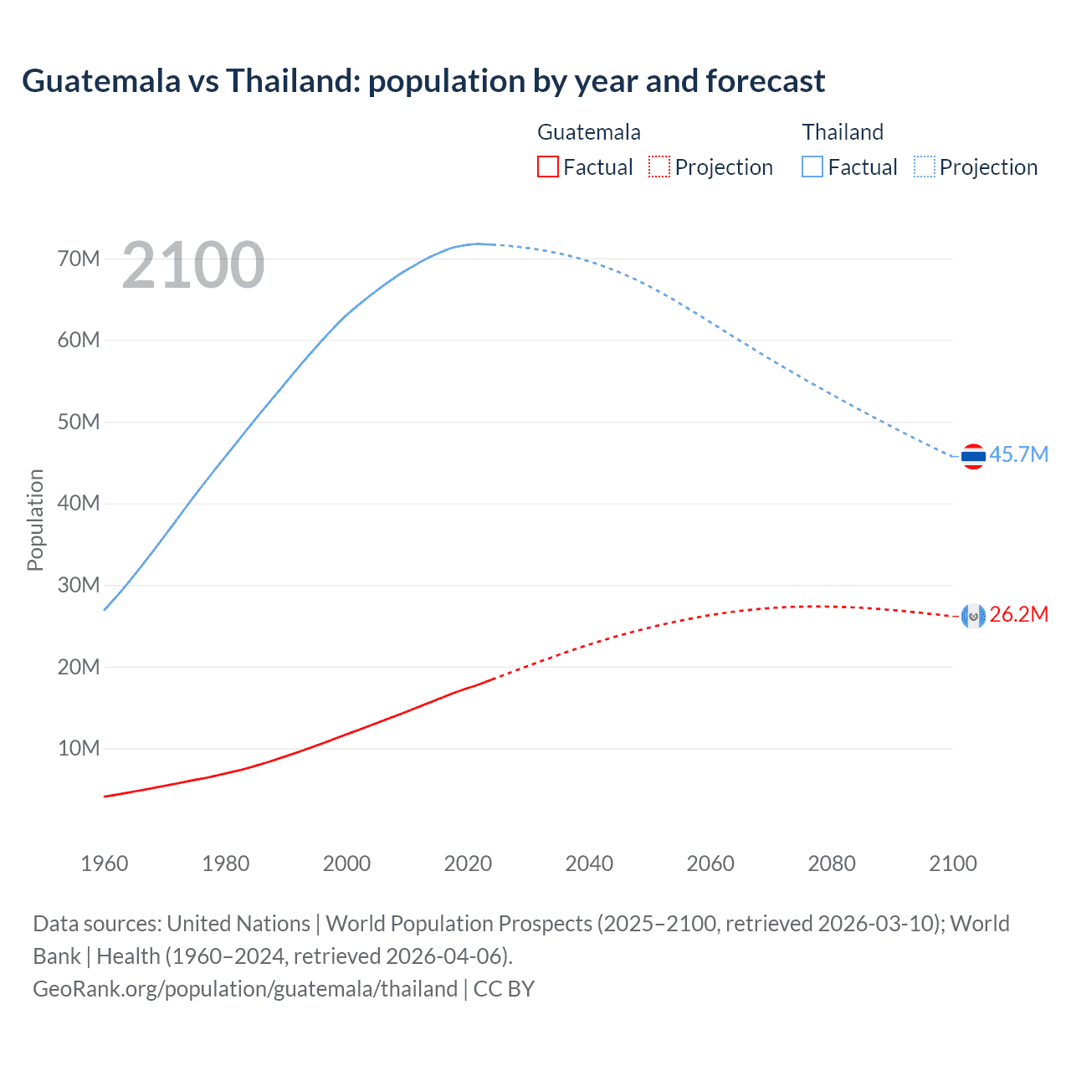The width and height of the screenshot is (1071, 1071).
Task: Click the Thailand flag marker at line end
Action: click(973, 456)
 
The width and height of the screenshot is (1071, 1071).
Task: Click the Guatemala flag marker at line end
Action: click(973, 617)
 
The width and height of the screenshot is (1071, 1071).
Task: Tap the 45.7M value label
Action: click(1018, 454)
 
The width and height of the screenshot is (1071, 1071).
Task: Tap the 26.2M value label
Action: click(1018, 615)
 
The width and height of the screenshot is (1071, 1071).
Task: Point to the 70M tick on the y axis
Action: click(79, 259)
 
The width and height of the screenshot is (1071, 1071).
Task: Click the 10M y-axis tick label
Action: click(79, 748)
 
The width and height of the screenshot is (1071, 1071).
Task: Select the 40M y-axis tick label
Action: click(79, 503)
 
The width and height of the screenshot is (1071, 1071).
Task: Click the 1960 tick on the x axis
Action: click(105, 863)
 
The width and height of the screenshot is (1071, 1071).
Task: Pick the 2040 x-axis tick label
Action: click(589, 863)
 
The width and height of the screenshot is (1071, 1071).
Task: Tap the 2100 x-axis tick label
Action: click(952, 863)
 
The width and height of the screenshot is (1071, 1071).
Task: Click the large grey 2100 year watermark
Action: click(193, 265)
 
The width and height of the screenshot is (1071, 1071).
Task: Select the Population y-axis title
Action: click(35, 520)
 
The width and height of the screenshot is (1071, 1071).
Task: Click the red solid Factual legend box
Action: click(547, 167)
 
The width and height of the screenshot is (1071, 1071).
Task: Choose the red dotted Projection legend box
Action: click(659, 167)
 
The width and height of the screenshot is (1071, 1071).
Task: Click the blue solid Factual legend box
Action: click(812, 167)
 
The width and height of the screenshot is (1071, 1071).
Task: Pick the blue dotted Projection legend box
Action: click(925, 167)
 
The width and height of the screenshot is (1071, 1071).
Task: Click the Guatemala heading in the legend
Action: click(589, 132)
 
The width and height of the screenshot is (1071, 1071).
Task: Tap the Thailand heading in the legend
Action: click(843, 132)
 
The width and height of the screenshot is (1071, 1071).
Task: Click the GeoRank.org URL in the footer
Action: click(245, 989)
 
